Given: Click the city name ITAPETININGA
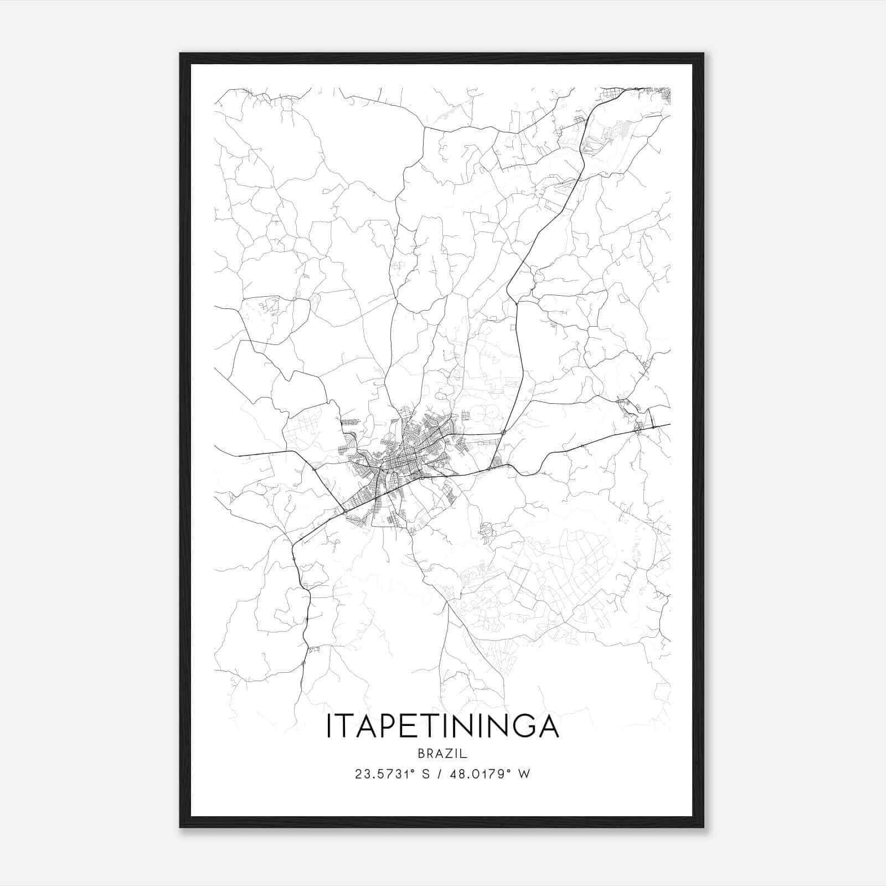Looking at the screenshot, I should (x=442, y=726).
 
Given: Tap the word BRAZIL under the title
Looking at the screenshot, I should (x=442, y=754).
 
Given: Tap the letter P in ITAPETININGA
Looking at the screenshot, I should (x=385, y=726).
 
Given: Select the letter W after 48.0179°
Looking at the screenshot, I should (x=524, y=774).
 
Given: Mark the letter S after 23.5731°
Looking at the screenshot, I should (x=426, y=774).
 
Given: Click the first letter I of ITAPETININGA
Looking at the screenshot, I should (x=329, y=726).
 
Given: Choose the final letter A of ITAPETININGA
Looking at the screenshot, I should (x=548, y=726).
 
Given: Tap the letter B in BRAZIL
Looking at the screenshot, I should (x=422, y=754).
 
